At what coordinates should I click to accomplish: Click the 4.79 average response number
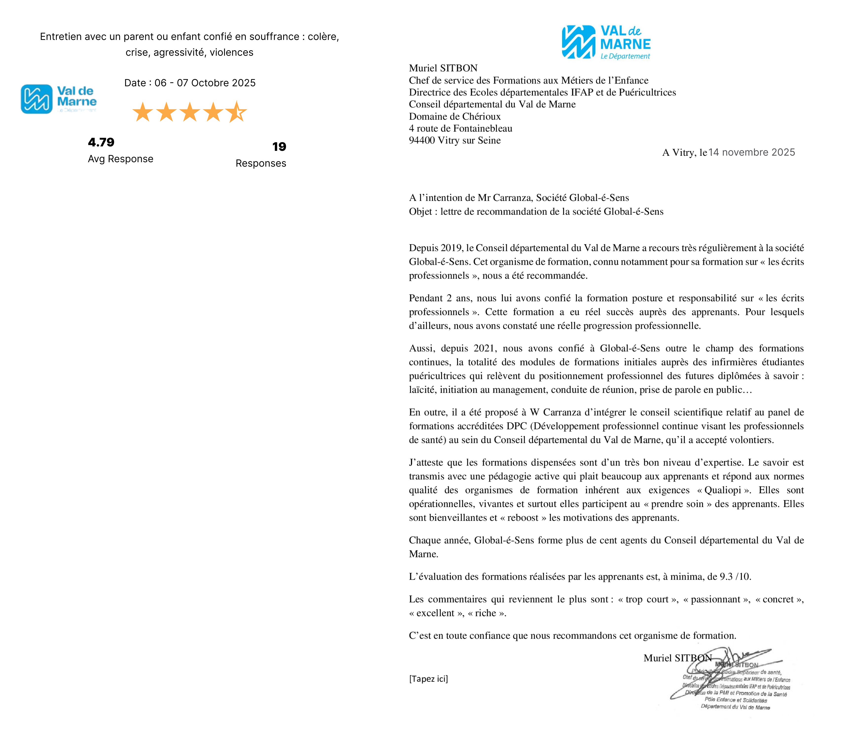click(101, 142)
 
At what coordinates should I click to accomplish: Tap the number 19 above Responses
click(279, 147)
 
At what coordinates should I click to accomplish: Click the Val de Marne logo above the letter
click(606, 42)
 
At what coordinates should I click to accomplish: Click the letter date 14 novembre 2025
click(752, 153)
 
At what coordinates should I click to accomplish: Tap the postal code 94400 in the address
click(422, 141)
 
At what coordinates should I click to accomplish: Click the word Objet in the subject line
click(420, 212)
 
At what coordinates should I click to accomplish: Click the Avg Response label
click(121, 159)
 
